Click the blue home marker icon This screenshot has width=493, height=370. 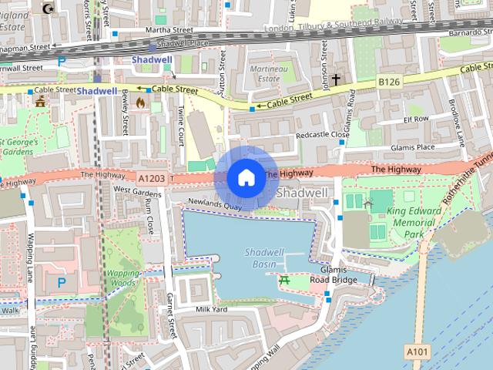246,178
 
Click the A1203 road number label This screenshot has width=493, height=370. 153,178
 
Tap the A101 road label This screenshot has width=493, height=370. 416,351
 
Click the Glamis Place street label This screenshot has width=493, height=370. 412,147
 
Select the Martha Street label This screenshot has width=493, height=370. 171,30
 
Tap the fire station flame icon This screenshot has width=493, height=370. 140,102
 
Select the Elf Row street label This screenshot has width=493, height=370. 415,119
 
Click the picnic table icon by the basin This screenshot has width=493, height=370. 285,280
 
